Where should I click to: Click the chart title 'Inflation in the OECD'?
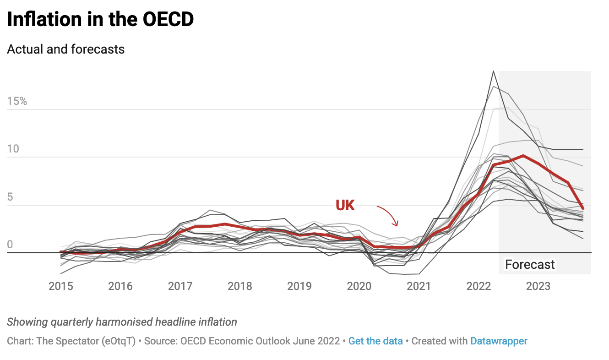pos(100,19)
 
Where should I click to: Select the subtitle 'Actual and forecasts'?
pos(66,49)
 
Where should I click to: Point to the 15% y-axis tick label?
pos(17,101)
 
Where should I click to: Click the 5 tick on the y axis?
pos(10,197)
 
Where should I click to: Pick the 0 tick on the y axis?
pos(10,245)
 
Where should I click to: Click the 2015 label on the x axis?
pos(61,286)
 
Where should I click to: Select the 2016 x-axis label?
pos(120,286)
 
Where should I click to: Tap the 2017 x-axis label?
pos(180,286)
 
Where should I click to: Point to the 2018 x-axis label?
pos(240,286)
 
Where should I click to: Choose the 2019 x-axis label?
pos(299,286)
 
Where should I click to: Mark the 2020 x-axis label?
pos(359,286)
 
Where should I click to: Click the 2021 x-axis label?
pos(419,286)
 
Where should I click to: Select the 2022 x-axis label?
pos(478,286)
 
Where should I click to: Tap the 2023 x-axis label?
pos(538,286)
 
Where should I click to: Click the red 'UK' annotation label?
pos(345,206)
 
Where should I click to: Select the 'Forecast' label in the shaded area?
pos(530,265)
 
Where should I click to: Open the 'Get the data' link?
pos(375,341)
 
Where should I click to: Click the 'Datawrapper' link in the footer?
pos(499,341)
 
